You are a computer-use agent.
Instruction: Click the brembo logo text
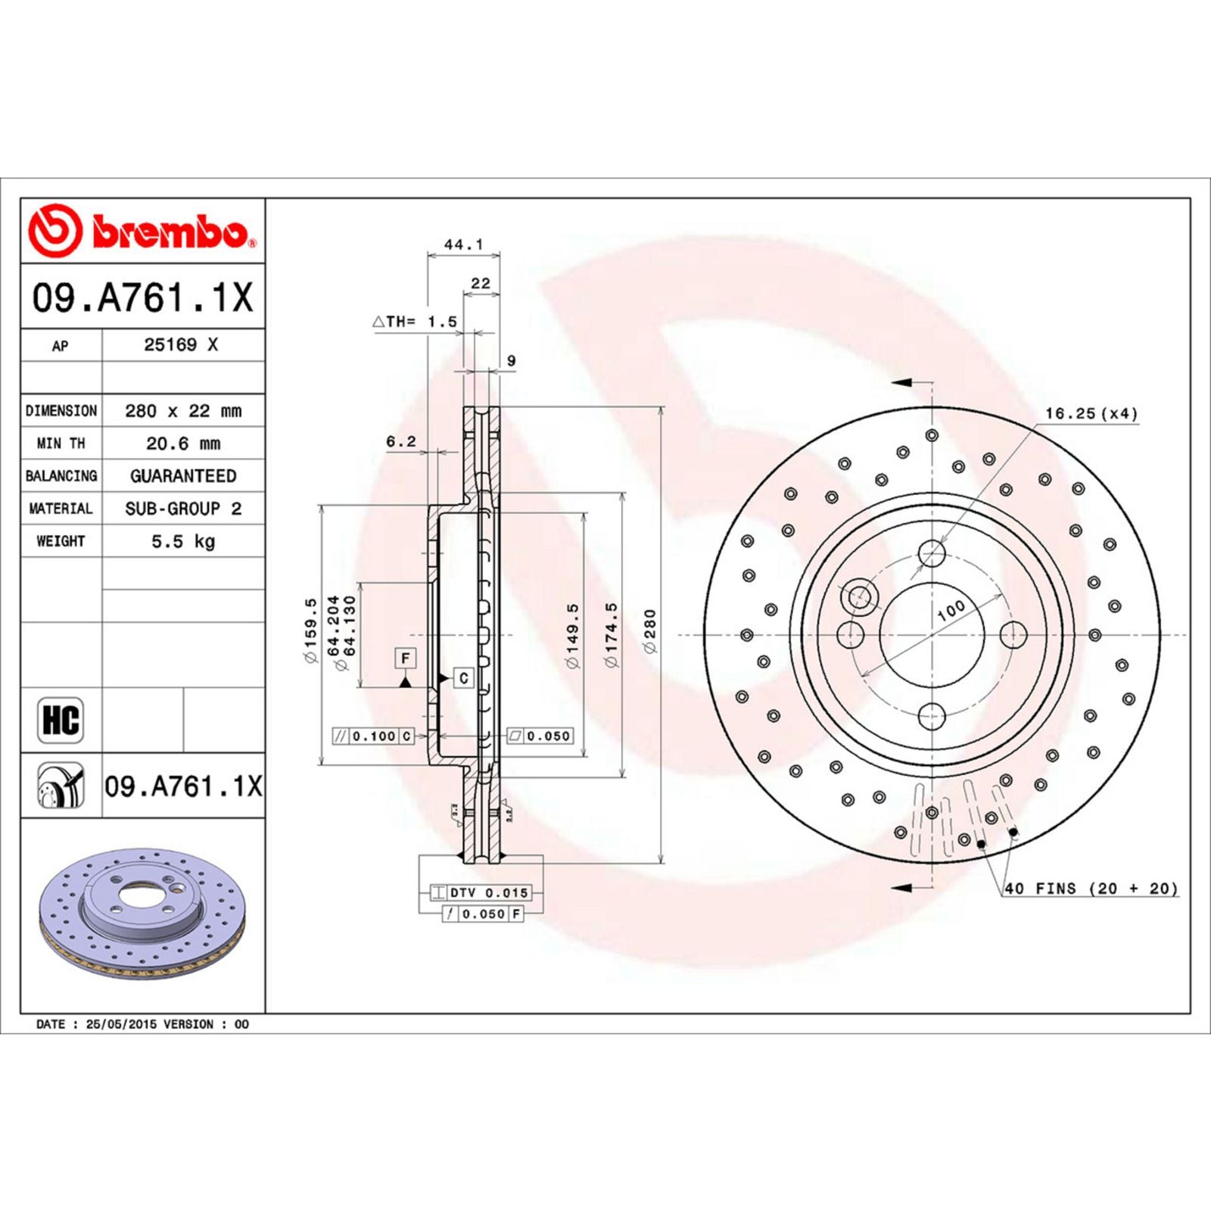[x=170, y=232]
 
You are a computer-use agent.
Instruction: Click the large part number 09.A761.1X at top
[x=142, y=297]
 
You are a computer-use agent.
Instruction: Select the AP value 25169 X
[x=181, y=345]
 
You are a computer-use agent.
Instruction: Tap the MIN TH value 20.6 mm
[x=183, y=444]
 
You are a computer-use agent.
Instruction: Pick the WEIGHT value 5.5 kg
[x=183, y=541]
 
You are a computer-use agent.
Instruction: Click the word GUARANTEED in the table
[x=183, y=476]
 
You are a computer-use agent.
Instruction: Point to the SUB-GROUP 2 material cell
[x=183, y=509]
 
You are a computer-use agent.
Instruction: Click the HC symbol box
[x=61, y=720]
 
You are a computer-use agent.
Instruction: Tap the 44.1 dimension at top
[x=463, y=244]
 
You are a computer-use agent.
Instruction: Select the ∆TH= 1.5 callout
[x=415, y=322]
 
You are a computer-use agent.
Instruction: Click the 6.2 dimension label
[x=400, y=441]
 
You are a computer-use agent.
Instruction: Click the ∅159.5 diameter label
[x=310, y=630]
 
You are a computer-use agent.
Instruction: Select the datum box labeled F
[x=406, y=658]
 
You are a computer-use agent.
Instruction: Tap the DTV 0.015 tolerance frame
[x=481, y=893]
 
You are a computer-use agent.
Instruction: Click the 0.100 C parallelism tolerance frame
[x=374, y=736]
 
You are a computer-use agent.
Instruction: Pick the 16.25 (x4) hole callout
[x=1091, y=413]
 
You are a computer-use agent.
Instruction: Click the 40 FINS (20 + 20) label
[x=1091, y=889]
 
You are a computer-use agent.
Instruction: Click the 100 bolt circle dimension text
[x=951, y=610]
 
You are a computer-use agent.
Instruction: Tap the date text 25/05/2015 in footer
[x=121, y=1024]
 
